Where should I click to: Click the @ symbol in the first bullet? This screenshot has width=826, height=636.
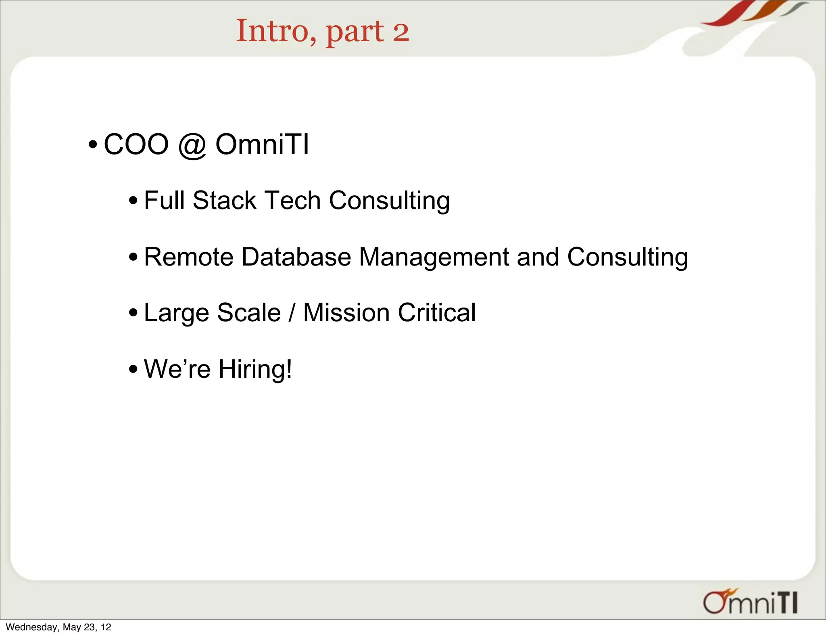tap(192, 145)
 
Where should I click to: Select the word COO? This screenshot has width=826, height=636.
tap(136, 144)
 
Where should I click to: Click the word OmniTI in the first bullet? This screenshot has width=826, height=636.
tap(262, 144)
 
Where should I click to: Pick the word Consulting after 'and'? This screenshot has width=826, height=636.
tap(627, 257)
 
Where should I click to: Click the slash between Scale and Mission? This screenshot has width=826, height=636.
tap(292, 313)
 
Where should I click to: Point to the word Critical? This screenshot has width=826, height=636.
tap(436, 313)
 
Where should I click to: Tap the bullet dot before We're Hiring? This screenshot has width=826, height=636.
tap(133, 369)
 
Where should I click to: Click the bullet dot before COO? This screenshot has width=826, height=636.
tap(93, 144)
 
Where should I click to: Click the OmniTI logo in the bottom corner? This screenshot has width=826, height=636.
tap(751, 602)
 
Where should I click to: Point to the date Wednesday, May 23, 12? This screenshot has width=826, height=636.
tap(58, 627)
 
